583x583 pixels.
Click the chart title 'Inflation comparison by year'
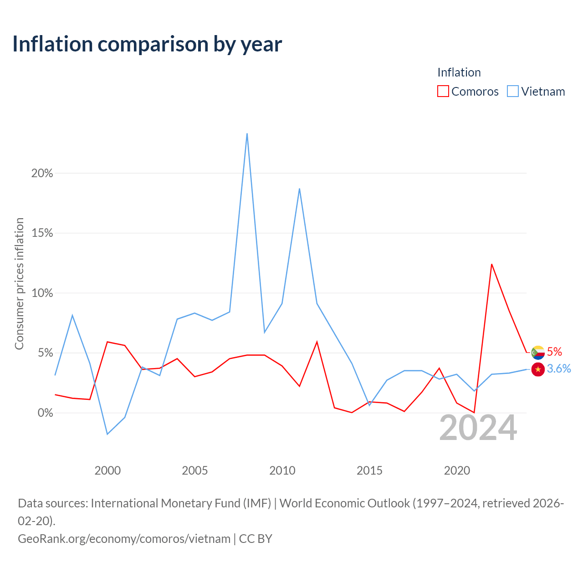(x=147, y=44)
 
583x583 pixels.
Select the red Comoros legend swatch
(x=443, y=91)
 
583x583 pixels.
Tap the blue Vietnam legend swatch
(x=512, y=91)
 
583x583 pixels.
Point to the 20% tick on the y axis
(x=42, y=174)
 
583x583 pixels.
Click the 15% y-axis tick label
(x=42, y=233)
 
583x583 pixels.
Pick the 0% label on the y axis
(x=45, y=413)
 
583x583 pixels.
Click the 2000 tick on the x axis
(x=107, y=470)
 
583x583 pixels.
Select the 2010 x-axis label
(x=282, y=470)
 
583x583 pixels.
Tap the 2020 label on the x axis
(x=457, y=470)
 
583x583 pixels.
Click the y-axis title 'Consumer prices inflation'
(x=19, y=283)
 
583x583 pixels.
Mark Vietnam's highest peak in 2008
(x=247, y=134)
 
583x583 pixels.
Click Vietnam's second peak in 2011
(x=300, y=189)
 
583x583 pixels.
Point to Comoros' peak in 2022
(x=491, y=264)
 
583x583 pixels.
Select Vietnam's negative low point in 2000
(x=107, y=434)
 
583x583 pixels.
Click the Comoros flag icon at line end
(x=538, y=353)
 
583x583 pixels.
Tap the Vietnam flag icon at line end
(x=538, y=369)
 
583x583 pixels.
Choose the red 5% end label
(x=555, y=352)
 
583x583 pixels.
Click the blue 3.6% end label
(x=559, y=368)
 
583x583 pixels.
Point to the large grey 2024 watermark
(x=478, y=428)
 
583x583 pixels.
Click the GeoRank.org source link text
(x=124, y=539)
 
